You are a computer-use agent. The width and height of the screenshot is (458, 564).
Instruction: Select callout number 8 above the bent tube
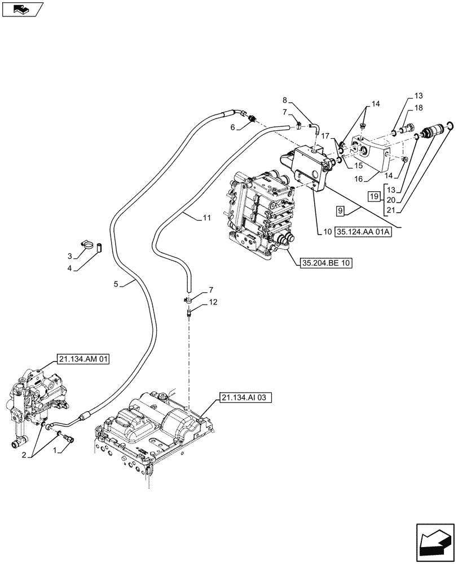point(285,102)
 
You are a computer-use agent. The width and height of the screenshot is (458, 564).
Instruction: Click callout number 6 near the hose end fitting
point(232,128)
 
